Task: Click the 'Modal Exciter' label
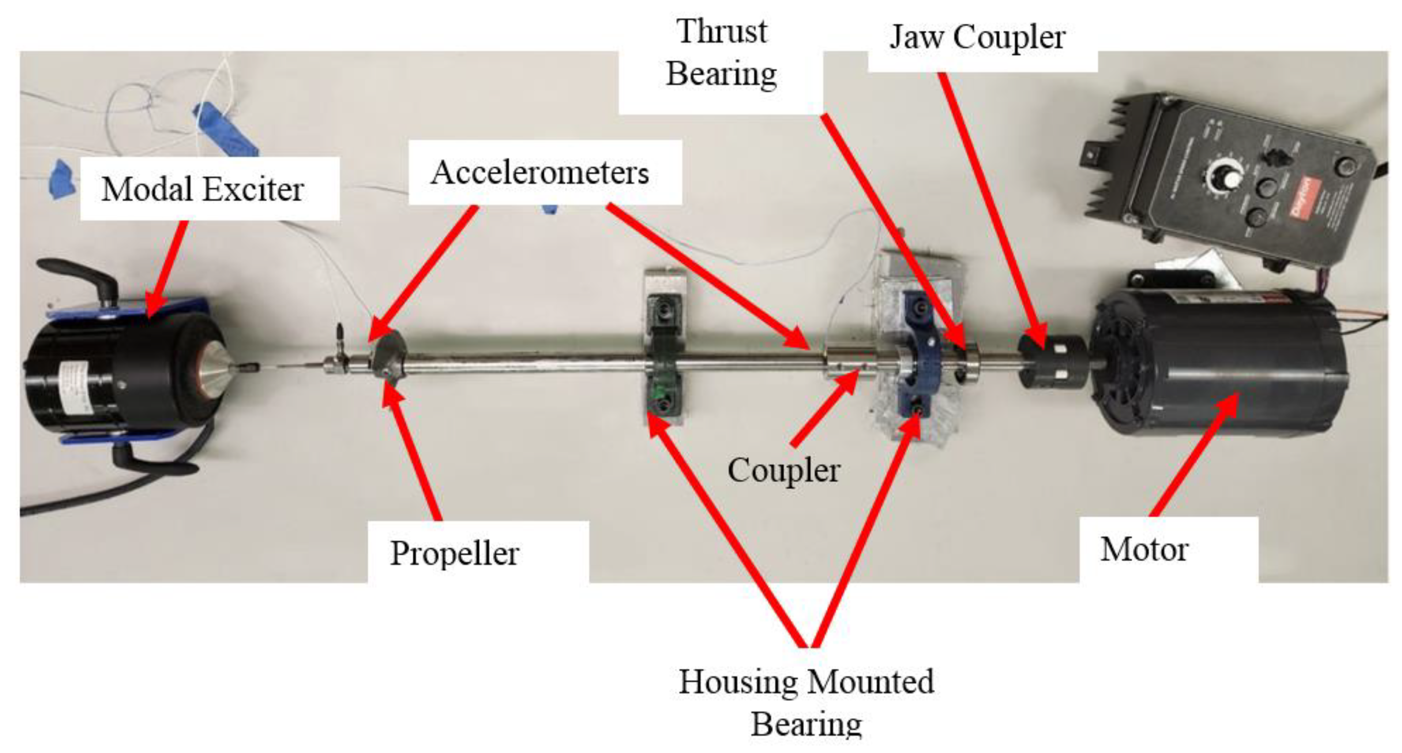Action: pyautogui.click(x=203, y=189)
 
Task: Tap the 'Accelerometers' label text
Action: pyautogui.click(x=539, y=173)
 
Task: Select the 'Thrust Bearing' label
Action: pyautogui.click(x=721, y=53)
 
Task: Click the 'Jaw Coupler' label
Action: pyautogui.click(x=977, y=38)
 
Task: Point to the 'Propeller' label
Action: pyautogui.click(x=455, y=553)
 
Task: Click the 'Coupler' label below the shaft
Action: pyautogui.click(x=784, y=470)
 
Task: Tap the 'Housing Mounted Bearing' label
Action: pyautogui.click(x=806, y=702)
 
